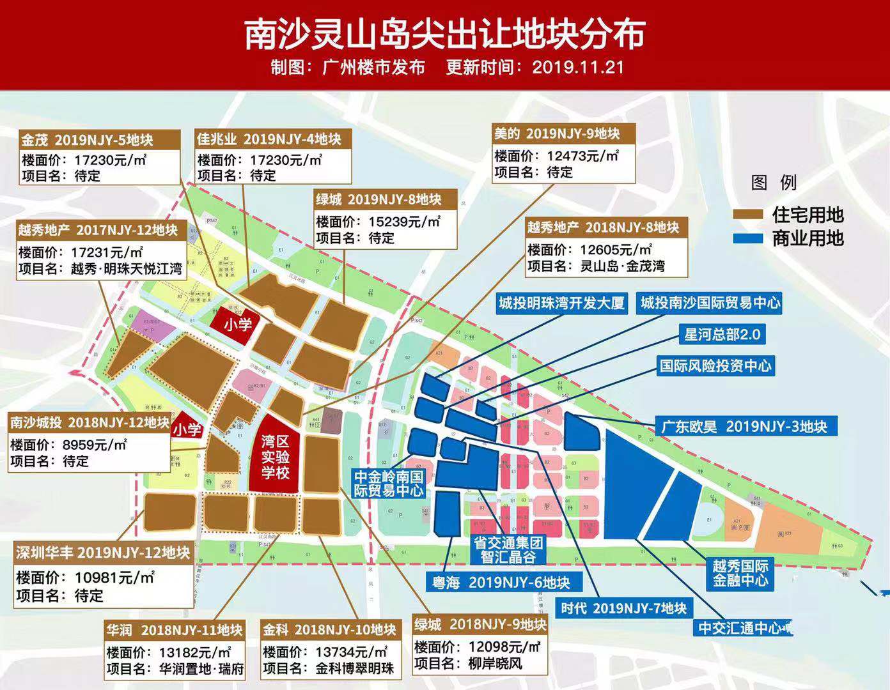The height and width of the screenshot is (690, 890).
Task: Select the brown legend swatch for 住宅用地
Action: [x=747, y=215]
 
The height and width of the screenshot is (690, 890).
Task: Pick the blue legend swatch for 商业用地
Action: [x=747, y=238]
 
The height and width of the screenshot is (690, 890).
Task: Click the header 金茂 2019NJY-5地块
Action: [x=87, y=139]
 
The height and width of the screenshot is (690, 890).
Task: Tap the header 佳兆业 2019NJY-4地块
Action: [x=269, y=139]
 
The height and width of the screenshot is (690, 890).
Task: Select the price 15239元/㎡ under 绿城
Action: [x=405, y=222]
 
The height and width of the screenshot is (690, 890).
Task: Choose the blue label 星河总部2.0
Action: [x=722, y=334]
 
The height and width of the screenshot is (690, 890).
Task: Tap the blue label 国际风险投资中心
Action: [x=715, y=366]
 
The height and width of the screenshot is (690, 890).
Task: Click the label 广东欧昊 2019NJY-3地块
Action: [x=744, y=426]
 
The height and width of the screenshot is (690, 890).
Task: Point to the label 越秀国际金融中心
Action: [x=740, y=573]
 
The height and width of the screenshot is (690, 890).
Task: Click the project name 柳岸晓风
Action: [x=495, y=663]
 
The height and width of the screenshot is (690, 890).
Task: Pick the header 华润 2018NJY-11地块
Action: [x=175, y=630]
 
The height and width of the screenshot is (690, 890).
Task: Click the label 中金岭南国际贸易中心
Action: [x=389, y=484]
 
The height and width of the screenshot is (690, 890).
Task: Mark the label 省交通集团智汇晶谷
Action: [x=508, y=549]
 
